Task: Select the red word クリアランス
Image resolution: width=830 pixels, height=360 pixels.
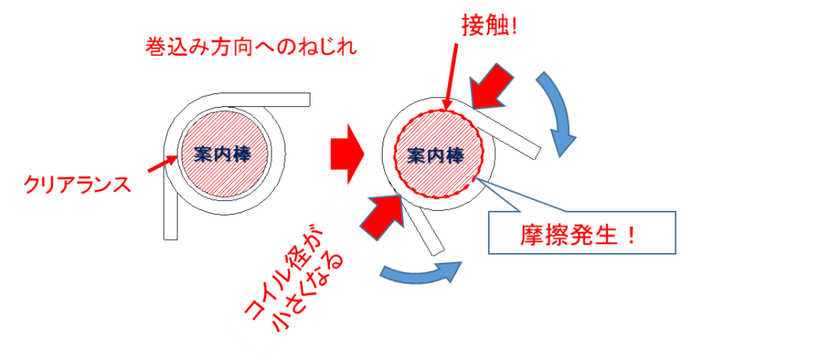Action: point(76,186)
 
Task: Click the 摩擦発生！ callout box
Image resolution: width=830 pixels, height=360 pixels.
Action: point(581,234)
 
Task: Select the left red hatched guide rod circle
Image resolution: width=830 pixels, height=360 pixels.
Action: point(222,153)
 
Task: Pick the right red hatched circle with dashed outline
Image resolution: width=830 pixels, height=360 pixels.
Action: point(438,153)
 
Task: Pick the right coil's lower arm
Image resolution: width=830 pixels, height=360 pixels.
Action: point(426,226)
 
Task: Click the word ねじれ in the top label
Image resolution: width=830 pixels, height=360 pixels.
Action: point(333,47)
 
